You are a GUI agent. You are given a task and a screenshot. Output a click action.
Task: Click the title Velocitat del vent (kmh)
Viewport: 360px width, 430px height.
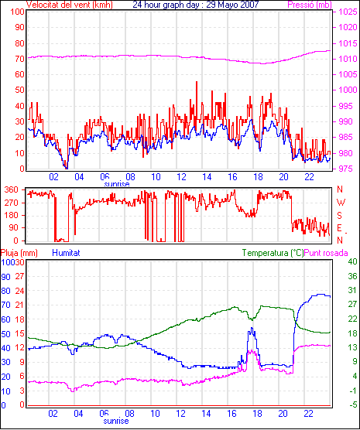pyautogui.click(x=70, y=5)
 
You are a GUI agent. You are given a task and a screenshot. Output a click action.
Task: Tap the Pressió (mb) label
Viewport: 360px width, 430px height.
pyautogui.click(x=310, y=5)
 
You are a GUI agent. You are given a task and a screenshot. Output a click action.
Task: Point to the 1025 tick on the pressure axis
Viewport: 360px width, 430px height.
pyautogui.click(x=348, y=12)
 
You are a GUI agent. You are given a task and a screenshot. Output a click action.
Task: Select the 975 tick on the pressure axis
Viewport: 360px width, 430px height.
pyautogui.click(x=348, y=169)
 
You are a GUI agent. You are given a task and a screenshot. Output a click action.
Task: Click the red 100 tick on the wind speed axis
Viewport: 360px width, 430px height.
pyautogui.click(x=17, y=12)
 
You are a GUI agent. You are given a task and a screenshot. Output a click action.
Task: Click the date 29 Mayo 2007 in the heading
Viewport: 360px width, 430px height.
pyautogui.click(x=232, y=5)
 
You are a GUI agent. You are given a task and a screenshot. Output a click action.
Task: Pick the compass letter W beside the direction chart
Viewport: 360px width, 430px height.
pyautogui.click(x=341, y=203)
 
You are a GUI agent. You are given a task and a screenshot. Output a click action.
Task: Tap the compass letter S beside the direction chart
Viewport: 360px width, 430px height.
pyautogui.click(x=340, y=216)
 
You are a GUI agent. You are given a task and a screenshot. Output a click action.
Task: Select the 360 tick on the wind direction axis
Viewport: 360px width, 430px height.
pyautogui.click(x=12, y=189)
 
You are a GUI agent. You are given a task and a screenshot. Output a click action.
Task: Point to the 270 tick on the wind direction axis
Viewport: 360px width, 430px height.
pyautogui.click(x=12, y=203)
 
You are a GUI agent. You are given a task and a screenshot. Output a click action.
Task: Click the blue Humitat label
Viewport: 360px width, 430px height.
pyautogui.click(x=66, y=253)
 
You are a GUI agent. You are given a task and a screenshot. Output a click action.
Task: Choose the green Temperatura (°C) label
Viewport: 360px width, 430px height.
pyautogui.click(x=273, y=253)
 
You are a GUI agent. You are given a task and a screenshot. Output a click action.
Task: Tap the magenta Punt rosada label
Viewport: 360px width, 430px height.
pyautogui.click(x=326, y=253)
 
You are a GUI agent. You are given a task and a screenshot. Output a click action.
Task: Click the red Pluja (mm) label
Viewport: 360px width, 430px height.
pyautogui.click(x=19, y=253)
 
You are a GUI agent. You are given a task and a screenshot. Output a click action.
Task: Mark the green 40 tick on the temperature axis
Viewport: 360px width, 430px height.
pyautogui.click(x=352, y=261)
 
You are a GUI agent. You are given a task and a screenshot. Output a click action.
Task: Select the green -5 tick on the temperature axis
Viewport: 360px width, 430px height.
pyautogui.click(x=352, y=404)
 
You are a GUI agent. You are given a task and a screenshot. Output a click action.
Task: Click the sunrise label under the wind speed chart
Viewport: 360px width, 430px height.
pyautogui.click(x=117, y=183)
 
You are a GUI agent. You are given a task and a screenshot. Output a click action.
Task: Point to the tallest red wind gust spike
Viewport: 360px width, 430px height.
pyautogui.click(x=197, y=82)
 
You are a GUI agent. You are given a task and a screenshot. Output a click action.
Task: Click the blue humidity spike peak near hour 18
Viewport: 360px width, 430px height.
pyautogui.click(x=252, y=328)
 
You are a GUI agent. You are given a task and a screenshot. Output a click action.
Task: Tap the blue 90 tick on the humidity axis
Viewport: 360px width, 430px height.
pyautogui.click(x=5, y=276)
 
